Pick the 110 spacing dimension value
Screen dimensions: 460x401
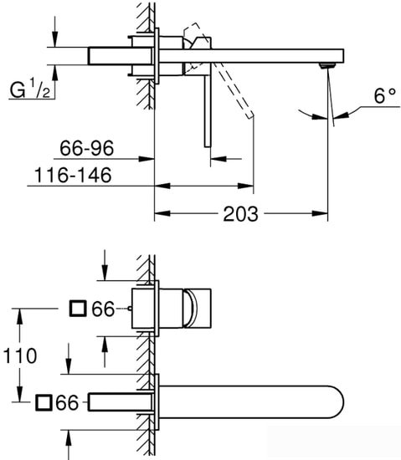19,355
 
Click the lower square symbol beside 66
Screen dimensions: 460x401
43,402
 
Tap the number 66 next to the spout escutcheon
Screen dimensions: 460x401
67,402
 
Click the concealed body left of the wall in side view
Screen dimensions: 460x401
110,55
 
